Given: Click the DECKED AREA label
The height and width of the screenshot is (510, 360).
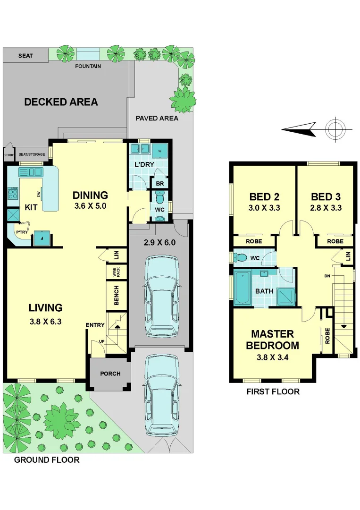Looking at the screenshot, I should pos(61,102).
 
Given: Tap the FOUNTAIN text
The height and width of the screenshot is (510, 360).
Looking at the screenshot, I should pos(88,66).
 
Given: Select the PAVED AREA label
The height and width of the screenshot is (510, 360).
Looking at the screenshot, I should pos(157,118).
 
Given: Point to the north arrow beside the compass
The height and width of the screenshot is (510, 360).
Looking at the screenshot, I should pos(299,128).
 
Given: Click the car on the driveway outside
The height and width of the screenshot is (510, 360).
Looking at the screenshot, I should pos(162,394).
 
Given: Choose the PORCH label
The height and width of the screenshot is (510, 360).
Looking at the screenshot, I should pos(110,374).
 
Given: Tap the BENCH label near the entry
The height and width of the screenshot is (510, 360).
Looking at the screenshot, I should pos(116,295).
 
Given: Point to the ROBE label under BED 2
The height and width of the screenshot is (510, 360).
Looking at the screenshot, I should pos(255,241).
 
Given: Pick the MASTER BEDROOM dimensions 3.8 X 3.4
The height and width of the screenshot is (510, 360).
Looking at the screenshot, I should pos(272,357).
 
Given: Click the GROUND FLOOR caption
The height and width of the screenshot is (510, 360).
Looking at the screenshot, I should pos(47,459).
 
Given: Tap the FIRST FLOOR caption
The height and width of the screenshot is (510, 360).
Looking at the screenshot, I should pos(273,391).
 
